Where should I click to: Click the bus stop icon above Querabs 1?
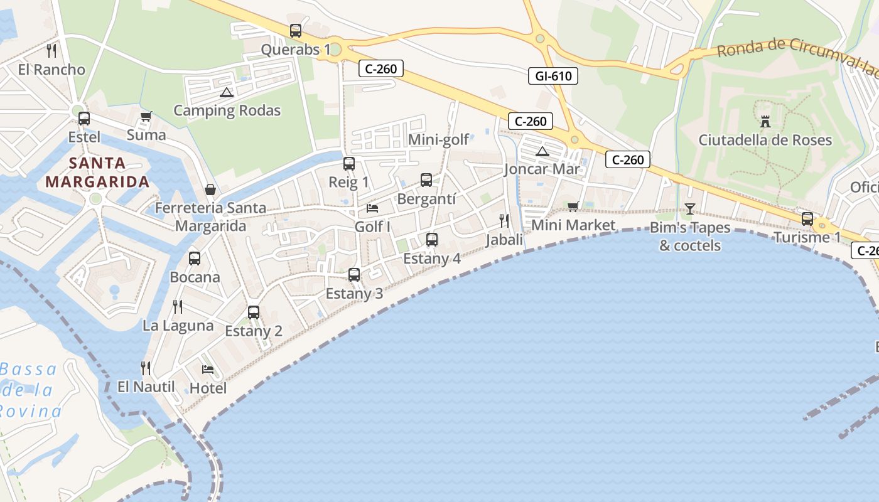pyautogui.click(x=296, y=30)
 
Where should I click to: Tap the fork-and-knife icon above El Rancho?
pyautogui.click(x=51, y=50)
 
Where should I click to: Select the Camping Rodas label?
pyautogui.click(x=227, y=111)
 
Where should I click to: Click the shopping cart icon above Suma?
pyautogui.click(x=146, y=116)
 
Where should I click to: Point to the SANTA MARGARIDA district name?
pyautogui.click(x=97, y=173)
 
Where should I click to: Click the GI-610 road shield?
pyautogui.click(x=553, y=77)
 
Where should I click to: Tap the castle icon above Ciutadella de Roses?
pyautogui.click(x=765, y=121)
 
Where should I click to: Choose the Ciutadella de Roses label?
pyautogui.click(x=765, y=140)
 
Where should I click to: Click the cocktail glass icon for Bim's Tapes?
pyautogui.click(x=690, y=209)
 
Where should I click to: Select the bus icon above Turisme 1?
pyautogui.click(x=807, y=219)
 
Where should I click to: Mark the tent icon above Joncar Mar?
pyautogui.click(x=542, y=151)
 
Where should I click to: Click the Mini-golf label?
pyautogui.click(x=438, y=139)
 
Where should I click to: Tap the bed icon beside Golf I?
pyautogui.click(x=372, y=208)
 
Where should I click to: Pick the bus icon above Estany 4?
pyautogui.click(x=432, y=239)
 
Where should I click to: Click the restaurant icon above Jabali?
pyautogui.click(x=504, y=220)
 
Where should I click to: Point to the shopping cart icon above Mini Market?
pyautogui.click(x=573, y=206)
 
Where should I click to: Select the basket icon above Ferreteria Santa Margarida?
pyautogui.click(x=210, y=190)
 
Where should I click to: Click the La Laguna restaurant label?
pyautogui.click(x=178, y=326)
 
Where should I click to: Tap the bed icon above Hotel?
pyautogui.click(x=208, y=369)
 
